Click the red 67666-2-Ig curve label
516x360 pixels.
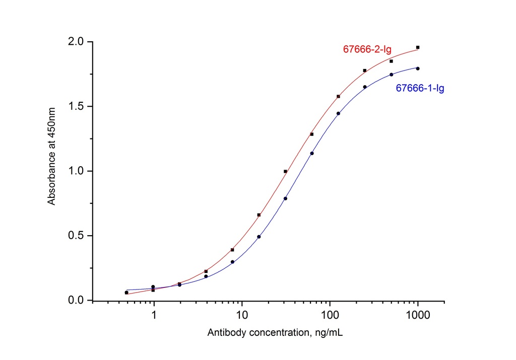coord(367,49)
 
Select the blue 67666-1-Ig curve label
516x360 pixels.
coord(420,89)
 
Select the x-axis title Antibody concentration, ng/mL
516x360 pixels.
coord(276,333)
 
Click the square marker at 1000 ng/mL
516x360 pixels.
coord(418,47)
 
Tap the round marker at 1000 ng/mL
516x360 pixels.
coord(418,68)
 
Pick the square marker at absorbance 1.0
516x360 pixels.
coord(285,171)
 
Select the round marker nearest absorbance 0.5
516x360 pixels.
coord(259,237)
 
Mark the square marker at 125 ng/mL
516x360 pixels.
coord(338,97)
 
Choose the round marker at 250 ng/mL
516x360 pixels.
coord(365,87)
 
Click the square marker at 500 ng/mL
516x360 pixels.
coord(391,61)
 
